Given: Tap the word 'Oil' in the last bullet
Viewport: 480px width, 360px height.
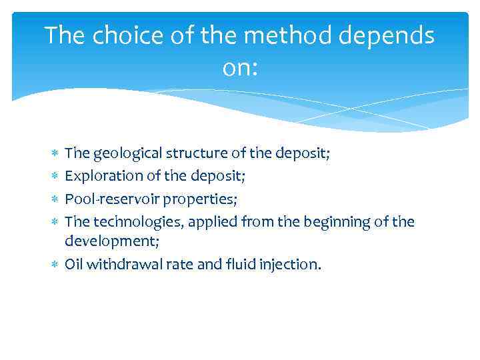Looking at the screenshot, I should pyautogui.click(x=74, y=265).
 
